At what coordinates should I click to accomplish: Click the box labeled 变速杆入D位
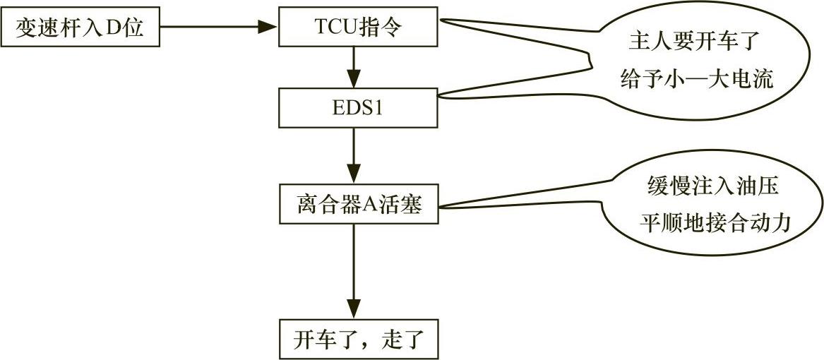[80, 28]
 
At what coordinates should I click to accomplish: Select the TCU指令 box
[359, 27]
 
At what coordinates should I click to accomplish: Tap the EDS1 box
[359, 107]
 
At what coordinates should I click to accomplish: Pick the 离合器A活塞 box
[359, 205]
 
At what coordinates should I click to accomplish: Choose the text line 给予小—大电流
[696, 78]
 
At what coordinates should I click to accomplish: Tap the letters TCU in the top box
[335, 28]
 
